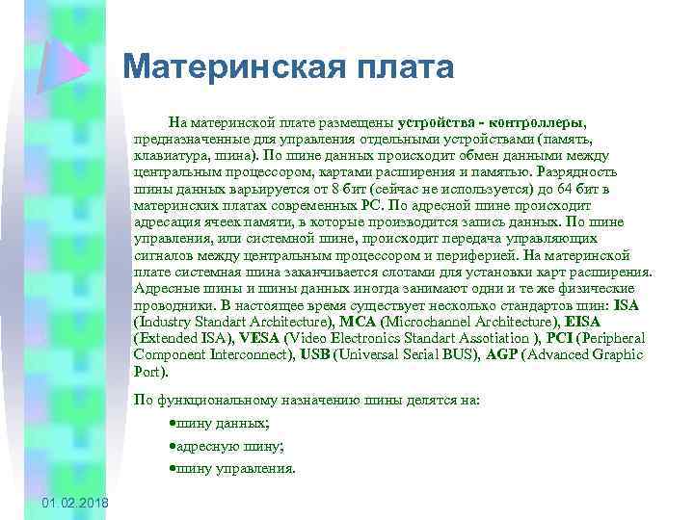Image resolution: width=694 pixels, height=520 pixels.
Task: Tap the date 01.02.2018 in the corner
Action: point(76,506)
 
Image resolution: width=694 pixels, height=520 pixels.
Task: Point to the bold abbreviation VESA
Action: point(258,338)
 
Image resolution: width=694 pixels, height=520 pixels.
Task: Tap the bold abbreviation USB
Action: point(315,354)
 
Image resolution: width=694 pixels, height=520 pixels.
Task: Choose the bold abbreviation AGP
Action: point(499,354)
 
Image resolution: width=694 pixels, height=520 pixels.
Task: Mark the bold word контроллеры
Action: point(536,123)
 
